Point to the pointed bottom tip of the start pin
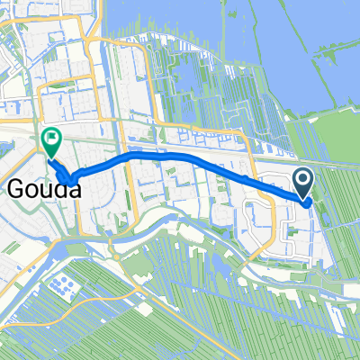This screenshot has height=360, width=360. pyautogui.click(x=303, y=199)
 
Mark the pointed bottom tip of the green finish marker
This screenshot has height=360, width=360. pyautogui.click(x=50, y=156)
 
